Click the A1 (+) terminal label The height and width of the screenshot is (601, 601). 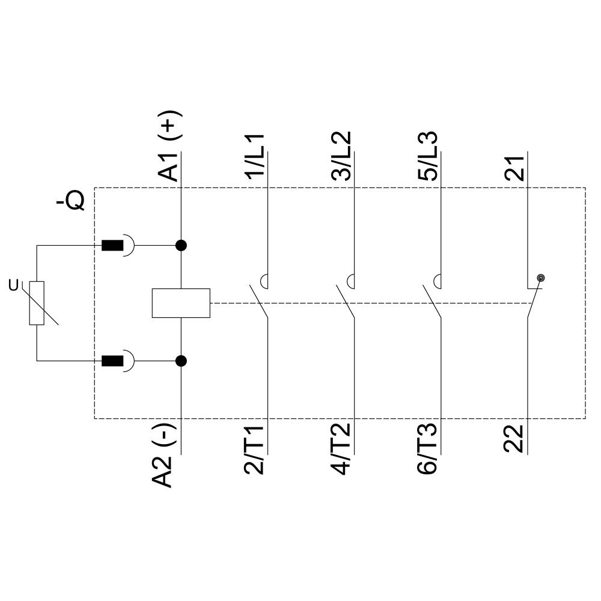[170, 146]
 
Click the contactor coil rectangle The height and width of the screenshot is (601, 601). [181, 303]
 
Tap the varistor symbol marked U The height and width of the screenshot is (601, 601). [37, 303]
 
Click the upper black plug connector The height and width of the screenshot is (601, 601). [112, 245]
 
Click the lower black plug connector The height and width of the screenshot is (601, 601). [112, 361]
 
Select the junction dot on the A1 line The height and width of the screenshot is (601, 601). [181, 245]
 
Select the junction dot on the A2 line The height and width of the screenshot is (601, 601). [181, 361]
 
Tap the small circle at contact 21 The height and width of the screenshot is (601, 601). [541, 278]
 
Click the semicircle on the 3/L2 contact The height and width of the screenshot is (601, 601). [352, 280]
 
